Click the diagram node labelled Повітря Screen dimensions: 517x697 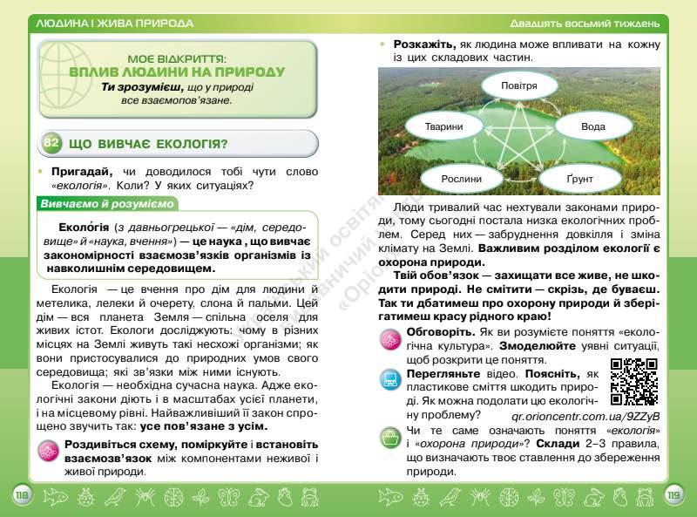(x=530, y=86)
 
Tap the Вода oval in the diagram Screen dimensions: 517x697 (x=592, y=126)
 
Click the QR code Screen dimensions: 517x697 (x=633, y=381)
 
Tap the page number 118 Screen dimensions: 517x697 (x=22, y=496)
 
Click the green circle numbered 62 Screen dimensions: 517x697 (x=51, y=143)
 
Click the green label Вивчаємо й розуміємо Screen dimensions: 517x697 (x=107, y=204)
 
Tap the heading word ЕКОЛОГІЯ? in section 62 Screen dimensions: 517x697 (x=184, y=144)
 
